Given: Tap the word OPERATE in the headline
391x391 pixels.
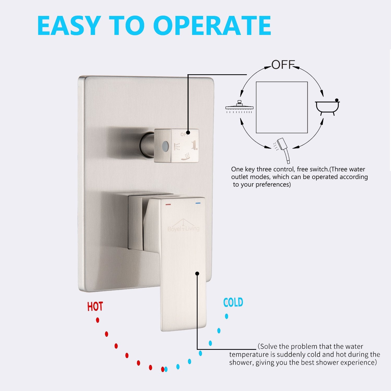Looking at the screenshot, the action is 212,26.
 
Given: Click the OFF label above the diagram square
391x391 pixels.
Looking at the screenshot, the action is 283,65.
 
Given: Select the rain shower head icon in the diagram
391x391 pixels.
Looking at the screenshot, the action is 239,107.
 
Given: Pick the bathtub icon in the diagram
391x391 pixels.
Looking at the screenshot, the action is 327,107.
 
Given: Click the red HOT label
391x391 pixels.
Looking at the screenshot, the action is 95,307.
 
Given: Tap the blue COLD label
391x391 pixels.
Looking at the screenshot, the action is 233,302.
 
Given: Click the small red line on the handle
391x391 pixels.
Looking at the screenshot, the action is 168,204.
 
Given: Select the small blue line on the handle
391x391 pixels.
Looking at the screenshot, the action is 198,203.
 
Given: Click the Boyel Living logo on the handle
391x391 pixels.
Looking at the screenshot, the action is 184,226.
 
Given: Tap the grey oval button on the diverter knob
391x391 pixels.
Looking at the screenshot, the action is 165,145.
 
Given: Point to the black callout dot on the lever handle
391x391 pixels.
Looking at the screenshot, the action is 197,273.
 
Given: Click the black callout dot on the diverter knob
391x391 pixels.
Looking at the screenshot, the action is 188,132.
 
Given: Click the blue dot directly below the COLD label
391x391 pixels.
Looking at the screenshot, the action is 227,316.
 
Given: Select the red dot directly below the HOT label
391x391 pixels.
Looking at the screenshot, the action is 97,320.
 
